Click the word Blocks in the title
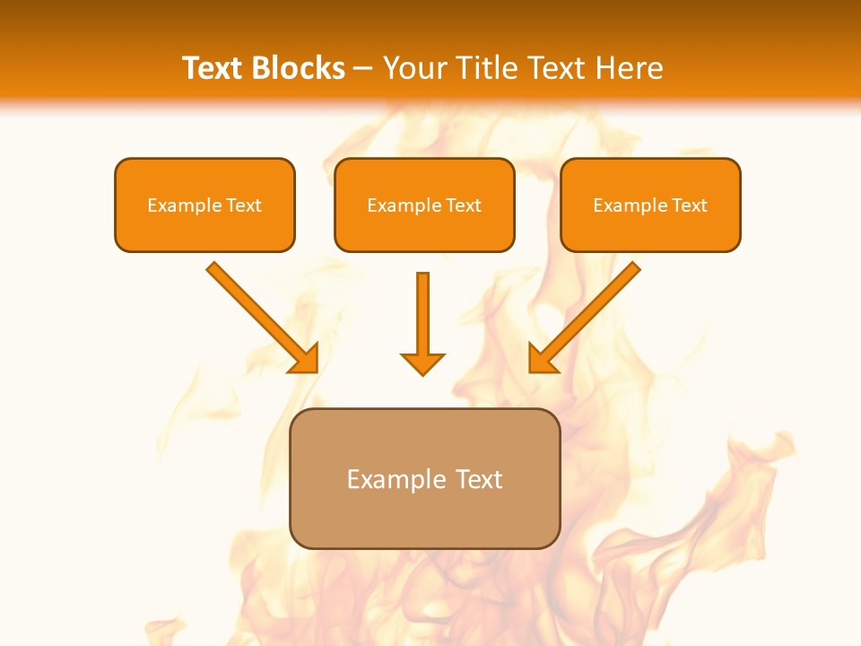[x=300, y=68]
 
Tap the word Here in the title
[x=631, y=68]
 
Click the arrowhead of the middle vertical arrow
[x=422, y=362]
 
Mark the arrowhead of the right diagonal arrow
[x=542, y=358]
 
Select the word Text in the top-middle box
[x=464, y=205]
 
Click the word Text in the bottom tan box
[x=479, y=479]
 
